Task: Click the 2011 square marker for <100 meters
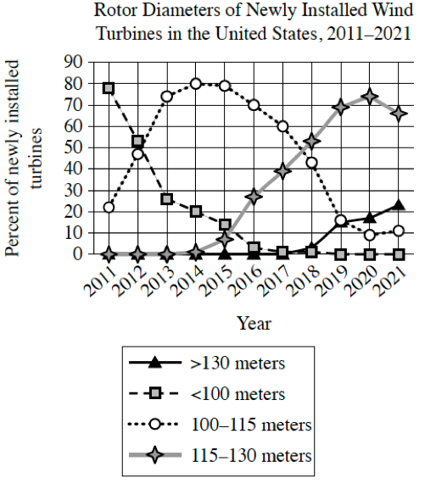coord(109,88)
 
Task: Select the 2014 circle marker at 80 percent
coord(196,84)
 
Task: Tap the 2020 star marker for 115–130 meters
coord(369,97)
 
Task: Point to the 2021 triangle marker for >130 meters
coord(398,204)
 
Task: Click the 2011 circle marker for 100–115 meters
coord(109,207)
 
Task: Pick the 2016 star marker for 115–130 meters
coord(254,197)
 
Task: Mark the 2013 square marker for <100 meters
coord(167,199)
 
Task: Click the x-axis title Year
coord(254,323)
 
